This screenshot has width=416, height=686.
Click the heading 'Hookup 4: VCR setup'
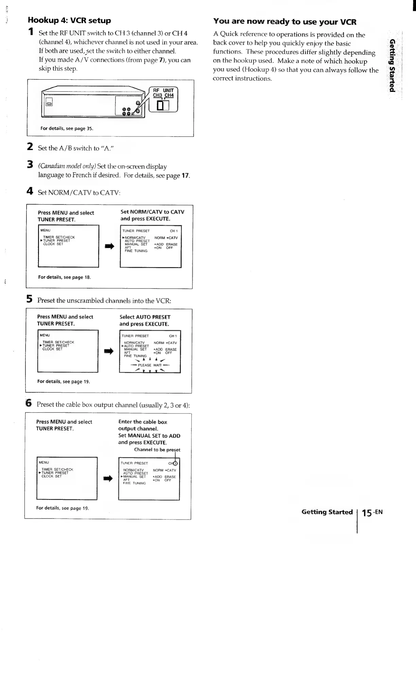69,20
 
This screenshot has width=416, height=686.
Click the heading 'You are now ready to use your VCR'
284,21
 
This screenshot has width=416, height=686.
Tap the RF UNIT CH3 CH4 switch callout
163,100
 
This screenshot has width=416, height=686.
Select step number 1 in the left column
31,32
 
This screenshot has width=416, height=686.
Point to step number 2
30,147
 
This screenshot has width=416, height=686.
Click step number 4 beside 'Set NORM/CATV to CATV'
30,191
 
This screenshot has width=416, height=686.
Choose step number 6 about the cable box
29,403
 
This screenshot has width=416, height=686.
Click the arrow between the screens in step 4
109,247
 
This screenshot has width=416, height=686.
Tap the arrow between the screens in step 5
109,352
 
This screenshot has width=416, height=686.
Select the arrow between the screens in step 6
108,479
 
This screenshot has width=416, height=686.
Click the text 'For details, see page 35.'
67,129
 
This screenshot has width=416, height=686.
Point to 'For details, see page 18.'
64,277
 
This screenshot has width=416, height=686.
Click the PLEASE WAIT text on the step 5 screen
150,365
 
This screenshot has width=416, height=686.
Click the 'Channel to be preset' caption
157,450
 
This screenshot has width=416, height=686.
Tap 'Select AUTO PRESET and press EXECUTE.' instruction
144,320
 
